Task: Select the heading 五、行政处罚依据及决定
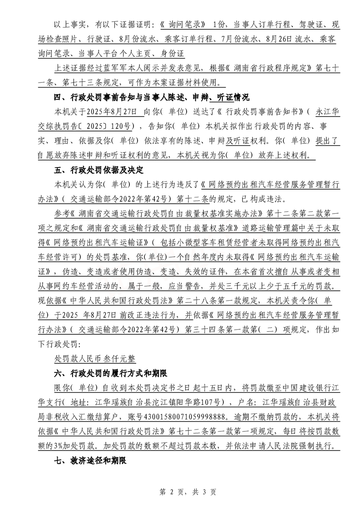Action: click(98, 171)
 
